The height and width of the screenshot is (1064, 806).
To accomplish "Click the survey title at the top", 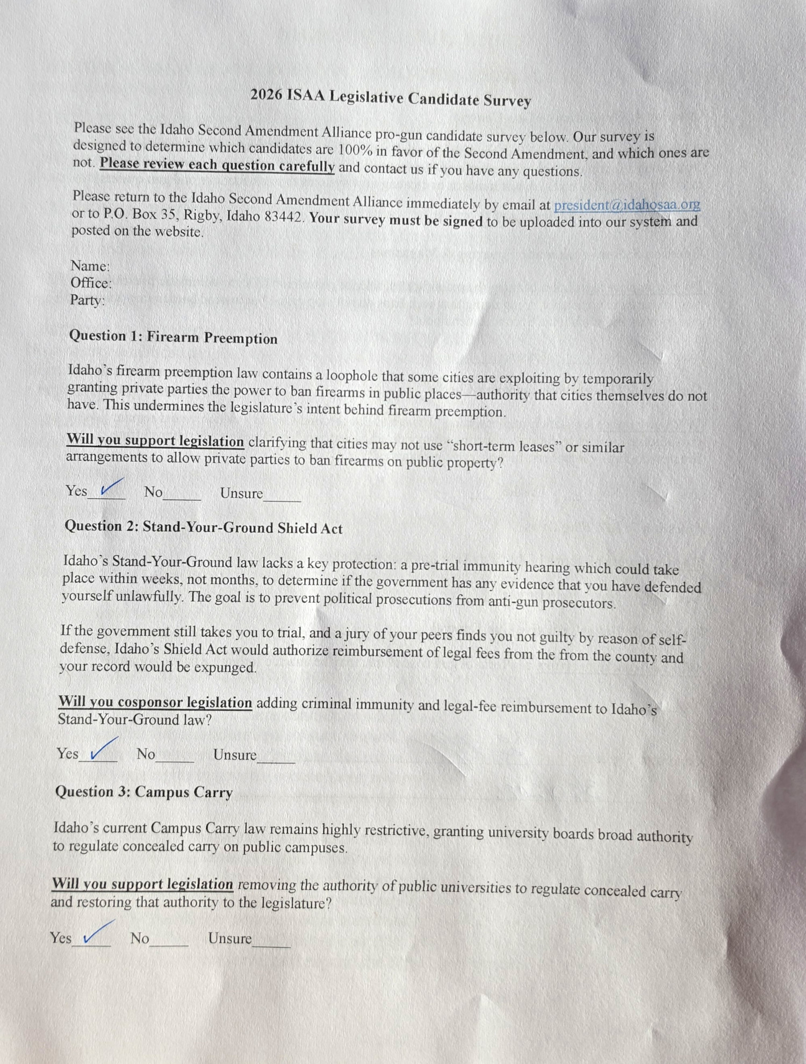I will click(x=391, y=98).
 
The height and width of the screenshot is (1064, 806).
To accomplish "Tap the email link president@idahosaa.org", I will click(x=627, y=205).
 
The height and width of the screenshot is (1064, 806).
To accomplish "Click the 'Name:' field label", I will click(x=90, y=266).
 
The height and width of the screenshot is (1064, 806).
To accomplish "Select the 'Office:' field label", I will click(x=91, y=283).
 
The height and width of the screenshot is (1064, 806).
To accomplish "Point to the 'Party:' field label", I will click(x=87, y=300).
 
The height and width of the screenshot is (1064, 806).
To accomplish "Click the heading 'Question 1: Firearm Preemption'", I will click(x=173, y=337).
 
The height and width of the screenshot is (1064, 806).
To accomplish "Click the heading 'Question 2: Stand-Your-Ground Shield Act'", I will click(x=203, y=527).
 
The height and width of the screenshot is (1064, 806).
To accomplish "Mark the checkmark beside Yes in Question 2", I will click(x=104, y=749).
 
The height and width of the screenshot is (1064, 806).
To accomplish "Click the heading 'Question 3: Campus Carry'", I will click(x=143, y=792).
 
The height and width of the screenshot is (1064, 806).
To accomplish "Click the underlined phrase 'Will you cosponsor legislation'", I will click(x=155, y=702).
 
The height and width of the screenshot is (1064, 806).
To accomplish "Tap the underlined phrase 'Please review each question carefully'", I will click(x=217, y=165).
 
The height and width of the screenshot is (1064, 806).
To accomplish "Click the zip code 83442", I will click(x=284, y=217).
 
